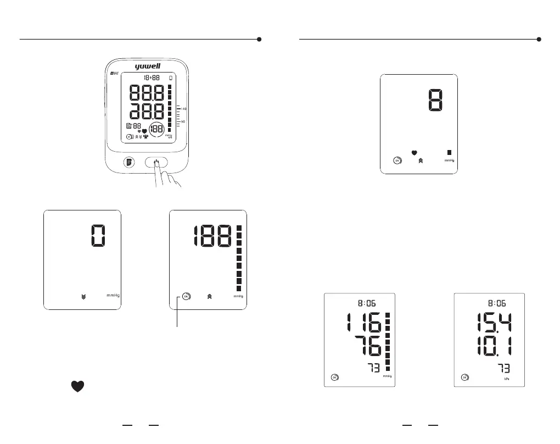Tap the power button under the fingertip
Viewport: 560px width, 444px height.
tap(157, 163)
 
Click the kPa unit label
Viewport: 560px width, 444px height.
tap(508, 379)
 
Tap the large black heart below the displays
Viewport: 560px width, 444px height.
tap(77, 386)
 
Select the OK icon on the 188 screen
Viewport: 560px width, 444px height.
tap(186, 296)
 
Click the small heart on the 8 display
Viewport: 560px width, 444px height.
tap(414, 152)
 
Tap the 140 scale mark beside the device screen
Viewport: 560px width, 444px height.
tap(184, 109)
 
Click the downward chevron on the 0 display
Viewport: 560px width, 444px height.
tap(83, 296)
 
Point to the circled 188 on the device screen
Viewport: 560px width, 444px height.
tap(158, 130)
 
